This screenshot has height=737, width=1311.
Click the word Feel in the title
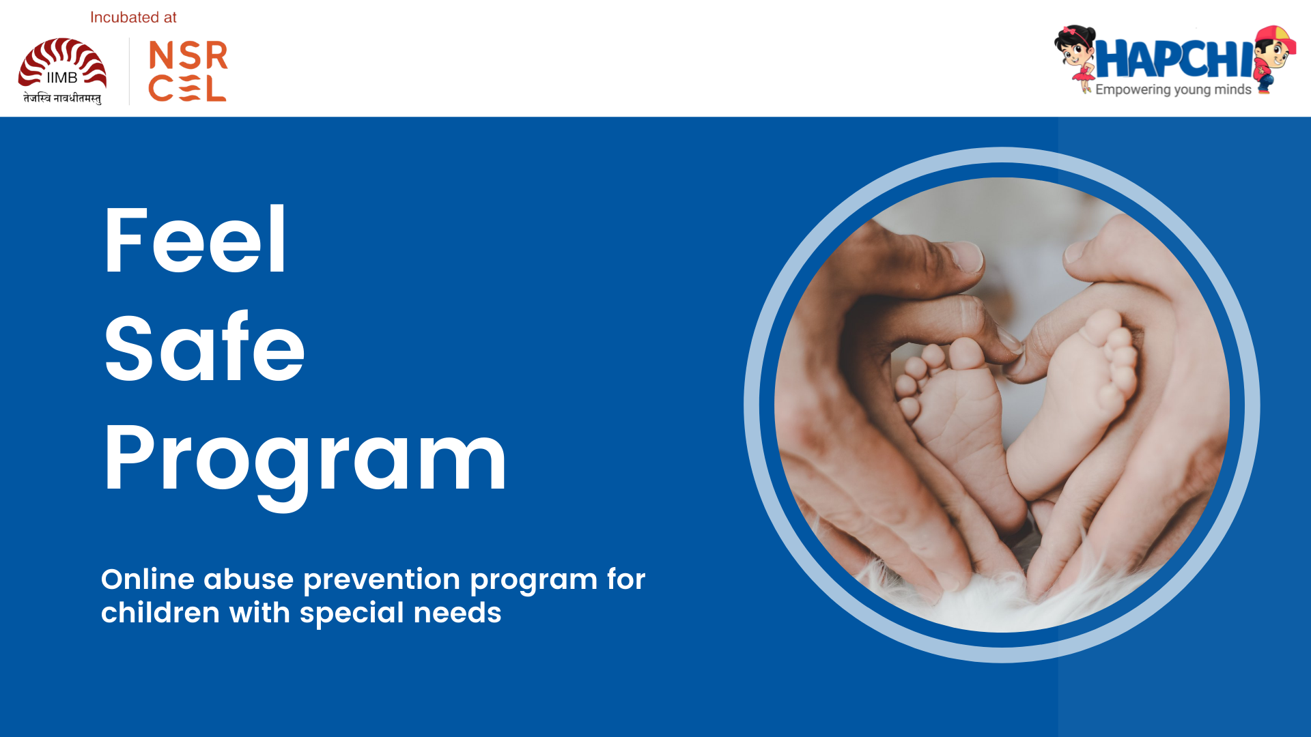[195, 240]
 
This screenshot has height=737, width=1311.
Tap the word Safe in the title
[204, 347]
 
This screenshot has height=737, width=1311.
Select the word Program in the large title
[305, 459]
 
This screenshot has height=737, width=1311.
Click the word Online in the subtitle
[148, 579]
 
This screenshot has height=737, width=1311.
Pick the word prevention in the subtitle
[382, 579]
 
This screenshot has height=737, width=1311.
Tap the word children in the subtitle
[160, 613]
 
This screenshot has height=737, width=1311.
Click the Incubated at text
[133, 18]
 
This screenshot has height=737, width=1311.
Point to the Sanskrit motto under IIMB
[62, 98]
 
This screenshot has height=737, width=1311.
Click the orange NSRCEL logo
[188, 71]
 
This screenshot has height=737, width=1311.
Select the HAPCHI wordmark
[1174, 60]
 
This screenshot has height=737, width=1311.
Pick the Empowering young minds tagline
[1173, 89]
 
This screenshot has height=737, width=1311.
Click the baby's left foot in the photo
[956, 403]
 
